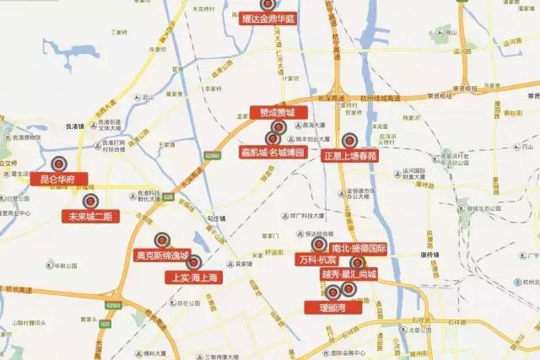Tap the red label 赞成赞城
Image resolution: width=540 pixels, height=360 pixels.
(277, 111)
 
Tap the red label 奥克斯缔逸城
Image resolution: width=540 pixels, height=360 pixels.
(163, 255)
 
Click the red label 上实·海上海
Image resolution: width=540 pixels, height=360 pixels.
(193, 277)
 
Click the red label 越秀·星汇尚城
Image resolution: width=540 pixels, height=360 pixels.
(348, 274)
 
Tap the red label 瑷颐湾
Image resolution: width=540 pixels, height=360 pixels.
(334, 308)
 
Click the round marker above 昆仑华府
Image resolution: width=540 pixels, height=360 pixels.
(59, 164)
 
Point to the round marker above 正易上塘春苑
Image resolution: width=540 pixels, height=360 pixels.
(350, 141)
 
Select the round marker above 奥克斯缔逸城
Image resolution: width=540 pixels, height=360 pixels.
(165, 239)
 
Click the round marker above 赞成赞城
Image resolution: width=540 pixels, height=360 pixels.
(278, 126)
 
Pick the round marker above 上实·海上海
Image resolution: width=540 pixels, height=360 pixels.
(193, 261)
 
